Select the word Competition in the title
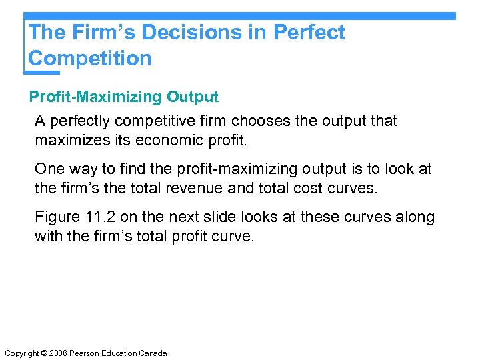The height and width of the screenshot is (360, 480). tap(90, 58)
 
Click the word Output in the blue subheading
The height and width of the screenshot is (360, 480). tap(193, 97)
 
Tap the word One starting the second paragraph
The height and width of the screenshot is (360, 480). tap(49, 169)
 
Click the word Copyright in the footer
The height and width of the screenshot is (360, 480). tap(21, 353)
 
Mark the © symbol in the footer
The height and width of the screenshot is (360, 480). tap(44, 353)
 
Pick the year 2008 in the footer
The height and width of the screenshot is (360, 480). tap(57, 353)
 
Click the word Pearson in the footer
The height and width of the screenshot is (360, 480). tap(83, 353)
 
